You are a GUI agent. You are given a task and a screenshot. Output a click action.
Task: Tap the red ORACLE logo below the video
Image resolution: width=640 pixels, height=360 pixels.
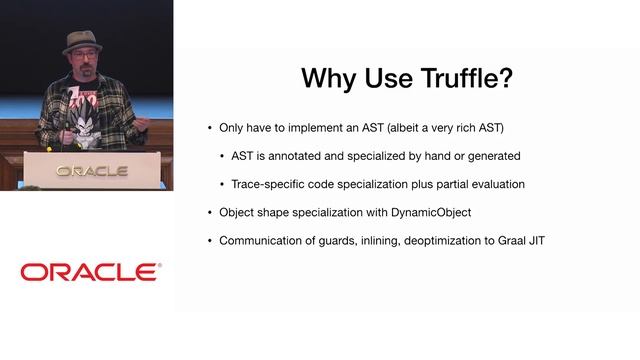point(90,272)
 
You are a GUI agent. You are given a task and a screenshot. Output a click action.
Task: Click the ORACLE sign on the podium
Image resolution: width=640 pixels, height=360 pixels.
point(91,171)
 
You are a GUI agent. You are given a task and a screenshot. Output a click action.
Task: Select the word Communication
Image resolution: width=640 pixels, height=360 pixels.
point(266,240)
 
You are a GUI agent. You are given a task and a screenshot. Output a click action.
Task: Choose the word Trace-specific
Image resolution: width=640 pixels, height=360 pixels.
point(271,184)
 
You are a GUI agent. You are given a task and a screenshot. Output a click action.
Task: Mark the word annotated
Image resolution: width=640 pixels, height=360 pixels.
point(307,156)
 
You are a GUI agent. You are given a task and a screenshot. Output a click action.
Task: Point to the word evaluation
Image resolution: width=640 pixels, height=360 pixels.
point(495,184)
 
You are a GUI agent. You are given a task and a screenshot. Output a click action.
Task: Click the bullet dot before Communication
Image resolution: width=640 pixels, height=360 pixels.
point(209,240)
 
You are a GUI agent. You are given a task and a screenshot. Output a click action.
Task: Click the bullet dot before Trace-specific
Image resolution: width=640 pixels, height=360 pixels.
point(222,184)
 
